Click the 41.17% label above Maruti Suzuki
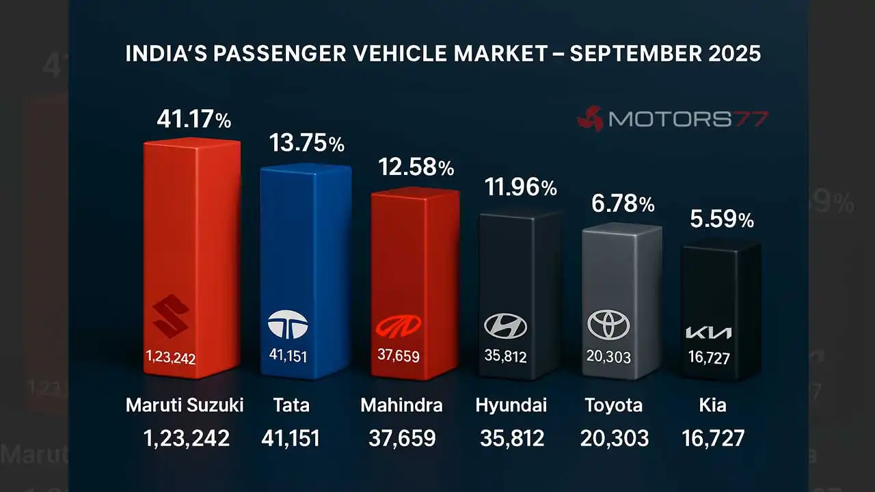[193, 120]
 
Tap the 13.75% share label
[306, 144]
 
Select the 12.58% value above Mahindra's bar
[416, 167]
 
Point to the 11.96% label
[521, 187]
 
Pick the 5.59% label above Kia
[722, 219]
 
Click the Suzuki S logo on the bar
[171, 316]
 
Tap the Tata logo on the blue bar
[288, 325]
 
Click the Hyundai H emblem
[506, 326]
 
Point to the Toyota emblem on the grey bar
[608, 325]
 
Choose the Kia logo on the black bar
[708, 333]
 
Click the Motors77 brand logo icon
[589, 119]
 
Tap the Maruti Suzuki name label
[185, 405]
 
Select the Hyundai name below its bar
[511, 405]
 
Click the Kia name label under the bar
[713, 405]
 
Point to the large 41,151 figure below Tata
[291, 439]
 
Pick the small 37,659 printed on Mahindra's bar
[399, 356]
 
